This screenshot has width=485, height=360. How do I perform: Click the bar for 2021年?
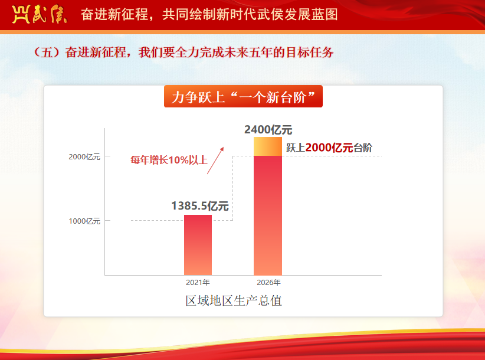[x=198, y=245]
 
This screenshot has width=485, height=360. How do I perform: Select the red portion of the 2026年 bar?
[x=268, y=215]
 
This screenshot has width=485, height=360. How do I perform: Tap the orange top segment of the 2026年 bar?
[x=268, y=146]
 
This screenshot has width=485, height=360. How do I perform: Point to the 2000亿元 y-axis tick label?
[x=84, y=157]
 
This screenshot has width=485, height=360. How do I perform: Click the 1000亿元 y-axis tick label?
[x=84, y=221]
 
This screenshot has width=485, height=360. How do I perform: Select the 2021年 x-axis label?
[x=198, y=282]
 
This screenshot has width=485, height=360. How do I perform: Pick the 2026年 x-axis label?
[x=268, y=282]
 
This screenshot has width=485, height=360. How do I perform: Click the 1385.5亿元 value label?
[x=200, y=206]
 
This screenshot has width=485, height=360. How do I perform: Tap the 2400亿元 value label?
[x=268, y=130]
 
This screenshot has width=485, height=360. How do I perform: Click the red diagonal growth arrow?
[x=215, y=161]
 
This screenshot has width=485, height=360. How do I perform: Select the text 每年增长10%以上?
[x=169, y=160]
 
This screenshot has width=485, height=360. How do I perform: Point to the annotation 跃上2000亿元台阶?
[x=329, y=148]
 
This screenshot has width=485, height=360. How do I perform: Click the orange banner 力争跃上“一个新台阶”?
[x=243, y=97]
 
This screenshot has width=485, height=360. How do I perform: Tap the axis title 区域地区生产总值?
[x=234, y=300]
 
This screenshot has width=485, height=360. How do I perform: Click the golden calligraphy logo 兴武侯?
[x=40, y=14]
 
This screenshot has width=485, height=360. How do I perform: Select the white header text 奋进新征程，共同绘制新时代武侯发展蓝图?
[x=209, y=15]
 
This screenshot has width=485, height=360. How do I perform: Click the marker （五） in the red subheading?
[x=47, y=53]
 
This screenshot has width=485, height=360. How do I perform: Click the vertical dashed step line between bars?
[x=233, y=188]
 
